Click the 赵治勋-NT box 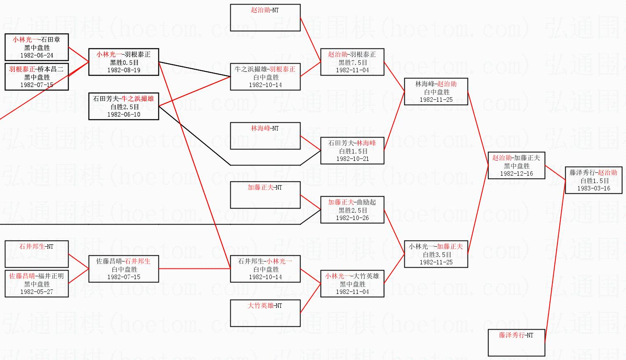(x=265, y=18)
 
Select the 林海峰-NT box (x=265, y=136)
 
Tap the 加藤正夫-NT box (x=265, y=195)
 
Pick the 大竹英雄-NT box (x=265, y=313)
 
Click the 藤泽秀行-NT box (x=516, y=343)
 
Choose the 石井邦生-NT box (x=37, y=254)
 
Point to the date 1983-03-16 (x=594, y=188)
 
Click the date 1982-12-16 (x=516, y=174)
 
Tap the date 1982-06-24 (x=37, y=55)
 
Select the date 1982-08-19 (x=124, y=70)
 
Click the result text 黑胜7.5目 (x=352, y=62)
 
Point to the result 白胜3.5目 (x=436, y=255)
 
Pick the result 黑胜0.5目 (x=124, y=62)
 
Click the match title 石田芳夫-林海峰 (x=352, y=143)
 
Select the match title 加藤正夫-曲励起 (x=352, y=202)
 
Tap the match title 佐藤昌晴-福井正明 (x=37, y=276)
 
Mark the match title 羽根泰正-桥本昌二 (x=37, y=69)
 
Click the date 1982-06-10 (x=124, y=115)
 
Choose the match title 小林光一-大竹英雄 (x=352, y=276)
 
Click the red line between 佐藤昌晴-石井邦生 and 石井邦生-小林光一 (x=194, y=269)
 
